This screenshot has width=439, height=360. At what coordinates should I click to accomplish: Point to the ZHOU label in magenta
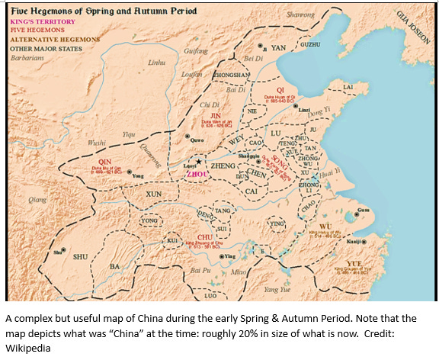[x=197, y=173]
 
